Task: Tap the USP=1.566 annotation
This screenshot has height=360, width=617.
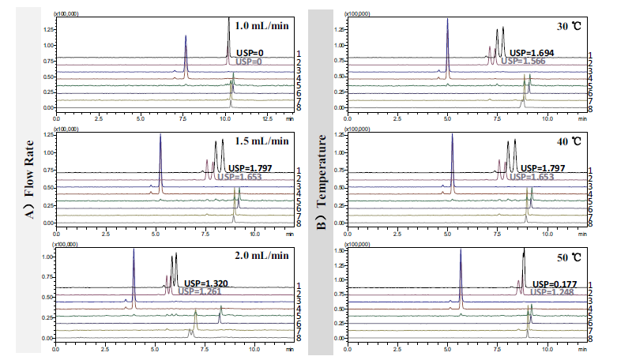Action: pyautogui.click(x=527, y=61)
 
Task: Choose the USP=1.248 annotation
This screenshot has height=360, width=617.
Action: pyautogui.click(x=551, y=291)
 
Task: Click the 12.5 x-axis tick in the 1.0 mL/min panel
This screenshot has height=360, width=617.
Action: pyautogui.click(x=265, y=118)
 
